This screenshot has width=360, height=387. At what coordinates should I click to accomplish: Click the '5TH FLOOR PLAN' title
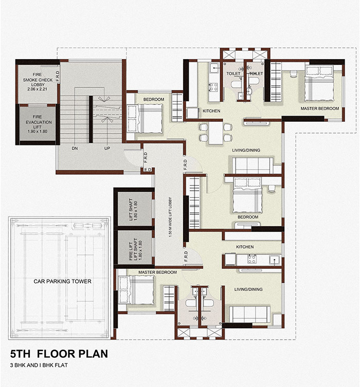coord(59,354)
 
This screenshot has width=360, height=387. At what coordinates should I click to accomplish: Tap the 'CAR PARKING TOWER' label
coord(62,281)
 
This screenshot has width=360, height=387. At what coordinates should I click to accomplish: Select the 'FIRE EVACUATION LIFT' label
coord(38,124)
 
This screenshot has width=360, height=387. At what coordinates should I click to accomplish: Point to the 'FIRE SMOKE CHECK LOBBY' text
coord(38,82)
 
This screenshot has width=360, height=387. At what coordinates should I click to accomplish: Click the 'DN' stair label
coord(75,149)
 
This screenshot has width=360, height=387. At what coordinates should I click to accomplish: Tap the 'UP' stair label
coord(107,149)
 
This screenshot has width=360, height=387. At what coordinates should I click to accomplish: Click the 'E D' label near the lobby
coord(148,170)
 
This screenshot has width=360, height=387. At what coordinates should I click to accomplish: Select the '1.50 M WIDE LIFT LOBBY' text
coord(170,217)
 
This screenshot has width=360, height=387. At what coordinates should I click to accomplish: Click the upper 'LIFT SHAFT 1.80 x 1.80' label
coord(133,210)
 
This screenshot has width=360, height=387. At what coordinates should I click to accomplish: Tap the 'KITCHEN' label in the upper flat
coord(211,111)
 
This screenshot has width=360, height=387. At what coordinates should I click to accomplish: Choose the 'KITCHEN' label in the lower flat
coord(245,247)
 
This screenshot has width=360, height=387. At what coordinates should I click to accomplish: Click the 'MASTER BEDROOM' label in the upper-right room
coord(320,108)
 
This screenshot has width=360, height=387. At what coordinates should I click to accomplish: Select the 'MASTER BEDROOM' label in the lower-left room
coord(157,272)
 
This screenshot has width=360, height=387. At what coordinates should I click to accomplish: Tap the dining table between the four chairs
coord(215,133)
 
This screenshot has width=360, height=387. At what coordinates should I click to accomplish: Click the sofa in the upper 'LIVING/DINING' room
coord(253,165)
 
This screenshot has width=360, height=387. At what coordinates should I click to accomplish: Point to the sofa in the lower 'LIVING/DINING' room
coord(249,314)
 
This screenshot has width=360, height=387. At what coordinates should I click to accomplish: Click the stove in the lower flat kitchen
coord(251,259)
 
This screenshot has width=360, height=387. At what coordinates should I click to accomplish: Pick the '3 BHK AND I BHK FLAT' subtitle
coord(39,365)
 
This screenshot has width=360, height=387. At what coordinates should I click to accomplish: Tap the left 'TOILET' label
coord(233,73)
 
